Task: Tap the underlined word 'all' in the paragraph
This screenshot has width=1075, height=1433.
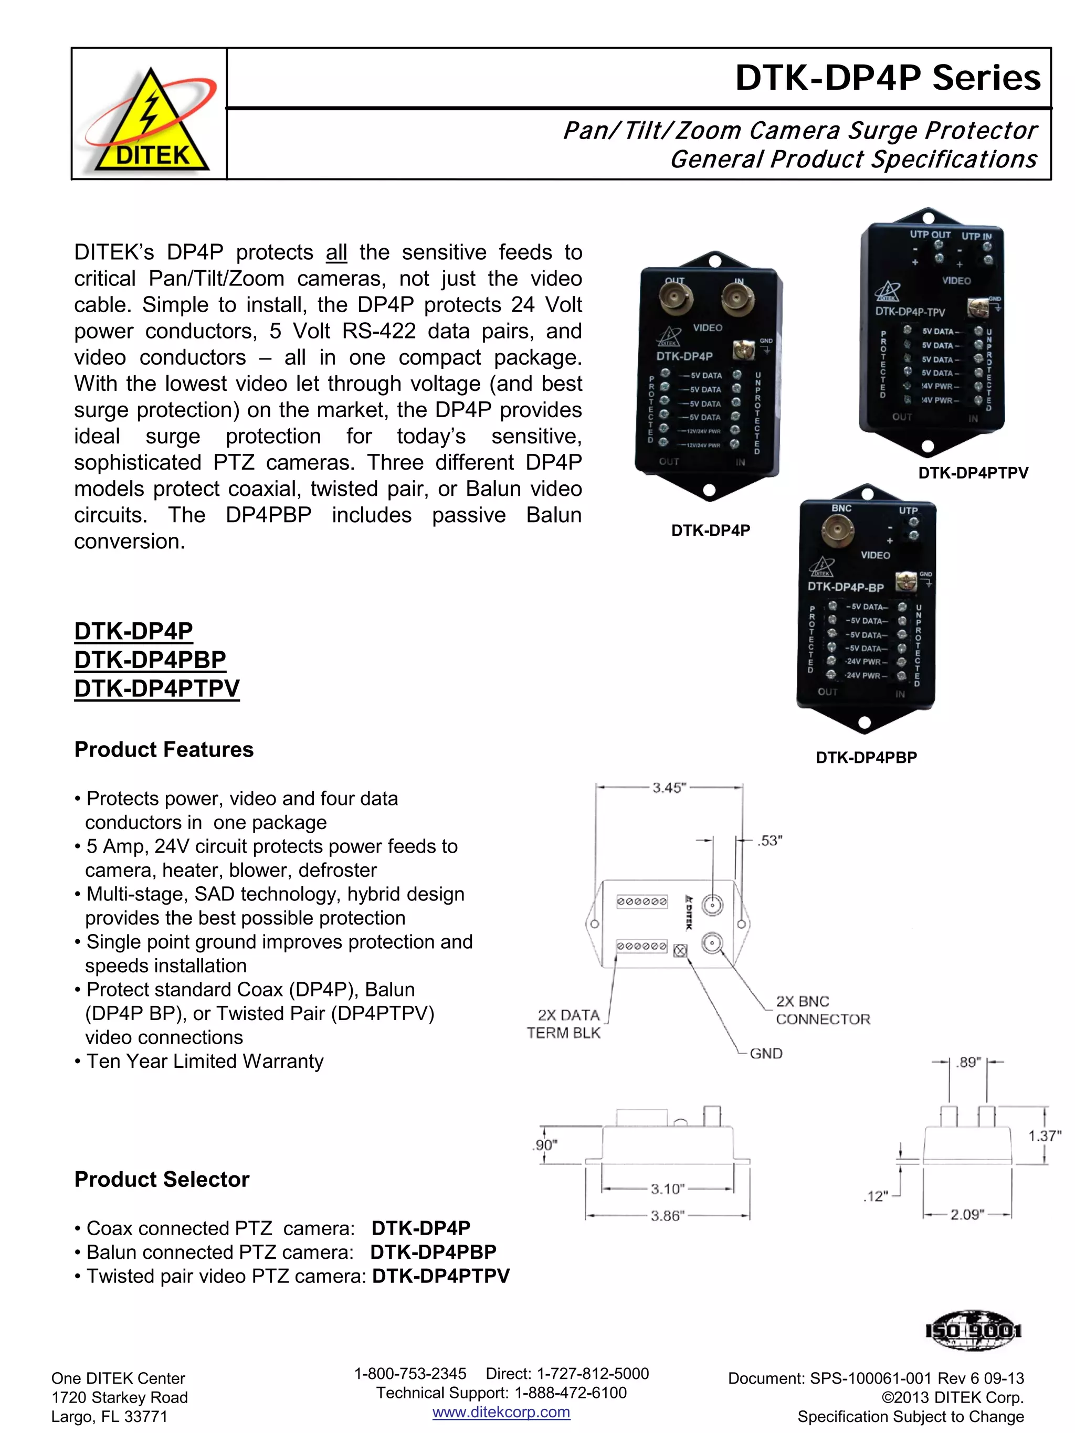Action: (336, 252)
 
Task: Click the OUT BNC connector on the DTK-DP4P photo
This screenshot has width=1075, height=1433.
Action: (676, 299)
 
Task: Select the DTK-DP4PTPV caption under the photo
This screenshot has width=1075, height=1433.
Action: (973, 473)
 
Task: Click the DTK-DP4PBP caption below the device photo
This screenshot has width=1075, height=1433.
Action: (866, 757)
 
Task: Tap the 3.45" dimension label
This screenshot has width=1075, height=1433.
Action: (668, 788)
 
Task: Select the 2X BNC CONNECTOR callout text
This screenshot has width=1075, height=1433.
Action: (821, 1010)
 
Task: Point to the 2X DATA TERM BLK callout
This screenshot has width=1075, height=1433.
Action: (564, 1024)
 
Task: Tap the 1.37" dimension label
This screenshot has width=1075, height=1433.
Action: (1044, 1135)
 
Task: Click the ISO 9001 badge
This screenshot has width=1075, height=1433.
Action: (974, 1331)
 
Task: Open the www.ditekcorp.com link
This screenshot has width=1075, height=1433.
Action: (501, 1411)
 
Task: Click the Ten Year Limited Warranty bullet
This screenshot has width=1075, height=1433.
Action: (204, 1061)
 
